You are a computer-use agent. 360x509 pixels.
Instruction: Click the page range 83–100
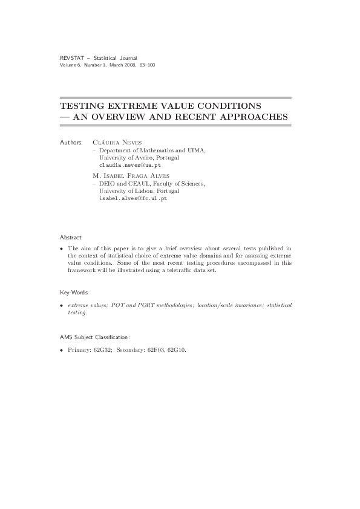pos(147,65)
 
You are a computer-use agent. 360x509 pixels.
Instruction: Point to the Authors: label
pos(71,142)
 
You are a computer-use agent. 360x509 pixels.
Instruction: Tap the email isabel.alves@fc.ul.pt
pos(133,198)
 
